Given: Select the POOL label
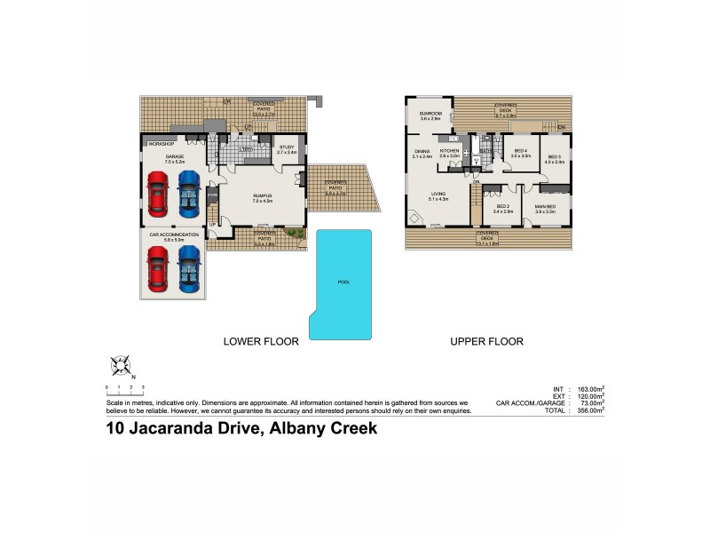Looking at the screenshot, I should point(343,282).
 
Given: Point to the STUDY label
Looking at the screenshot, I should point(286,147).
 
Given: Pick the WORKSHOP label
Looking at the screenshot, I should point(162,143).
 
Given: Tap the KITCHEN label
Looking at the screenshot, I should point(450,151).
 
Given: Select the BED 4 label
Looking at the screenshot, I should point(521,151).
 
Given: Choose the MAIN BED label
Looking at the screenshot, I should point(544,206).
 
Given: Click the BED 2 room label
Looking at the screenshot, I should point(501,206).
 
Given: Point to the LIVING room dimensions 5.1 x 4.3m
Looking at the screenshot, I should point(438,199).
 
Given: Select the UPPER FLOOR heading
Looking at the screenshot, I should point(486,341).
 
